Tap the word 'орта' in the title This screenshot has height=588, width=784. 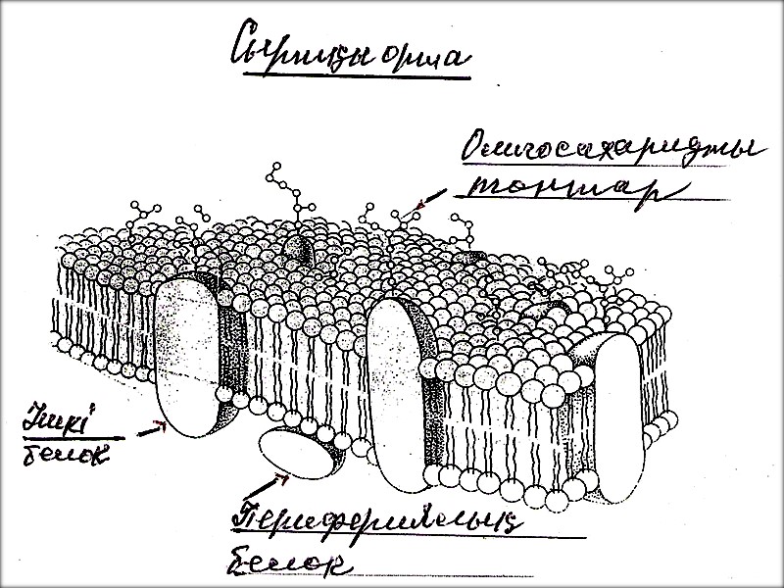pos(422,59)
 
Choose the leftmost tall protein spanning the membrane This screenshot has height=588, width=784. pos(186,358)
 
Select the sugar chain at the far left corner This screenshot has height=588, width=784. pos(142,211)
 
